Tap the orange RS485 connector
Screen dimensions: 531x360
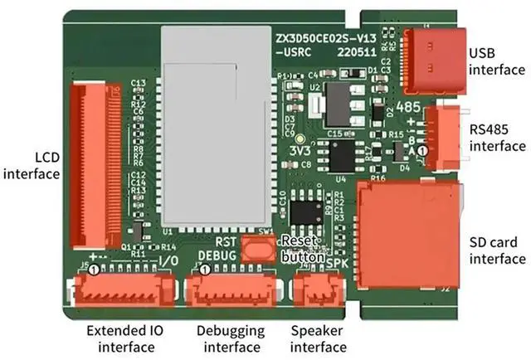click(441, 136)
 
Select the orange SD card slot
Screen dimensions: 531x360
click(407, 234)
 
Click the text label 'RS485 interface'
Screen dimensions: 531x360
click(497, 138)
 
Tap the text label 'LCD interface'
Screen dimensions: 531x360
click(32, 165)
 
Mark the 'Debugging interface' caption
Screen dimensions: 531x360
click(231, 338)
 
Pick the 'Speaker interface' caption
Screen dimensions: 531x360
click(319, 338)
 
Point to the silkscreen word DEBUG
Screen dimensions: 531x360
click(217, 255)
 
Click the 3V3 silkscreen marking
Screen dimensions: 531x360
click(300, 151)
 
